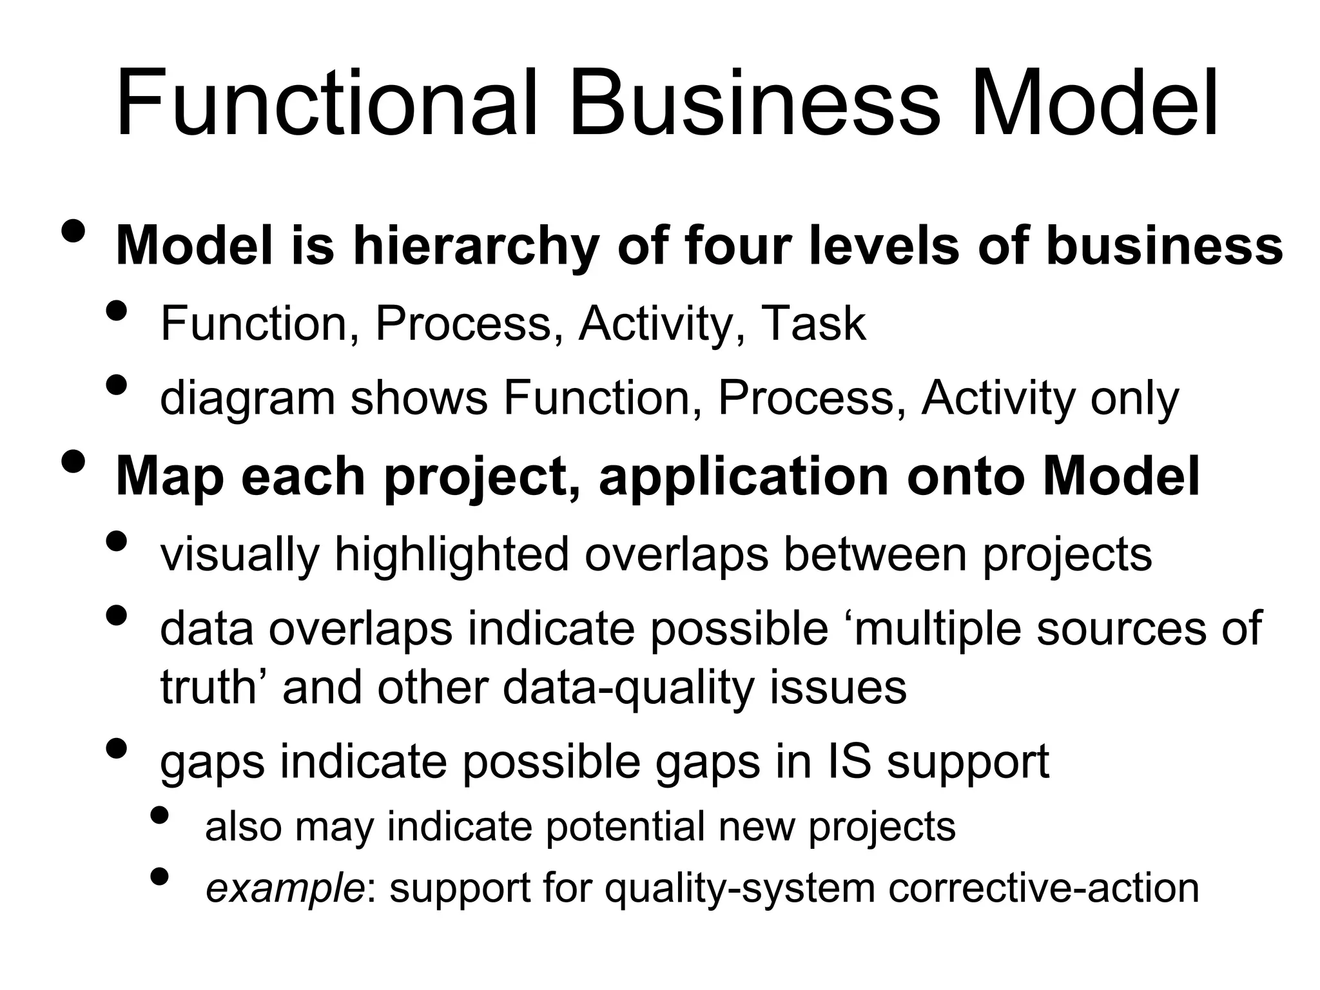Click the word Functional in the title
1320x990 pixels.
[x=326, y=106]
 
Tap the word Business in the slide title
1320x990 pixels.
[x=755, y=106]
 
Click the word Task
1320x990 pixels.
[x=813, y=323]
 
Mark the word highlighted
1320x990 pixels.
[x=451, y=555]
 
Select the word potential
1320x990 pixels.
[x=625, y=827]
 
